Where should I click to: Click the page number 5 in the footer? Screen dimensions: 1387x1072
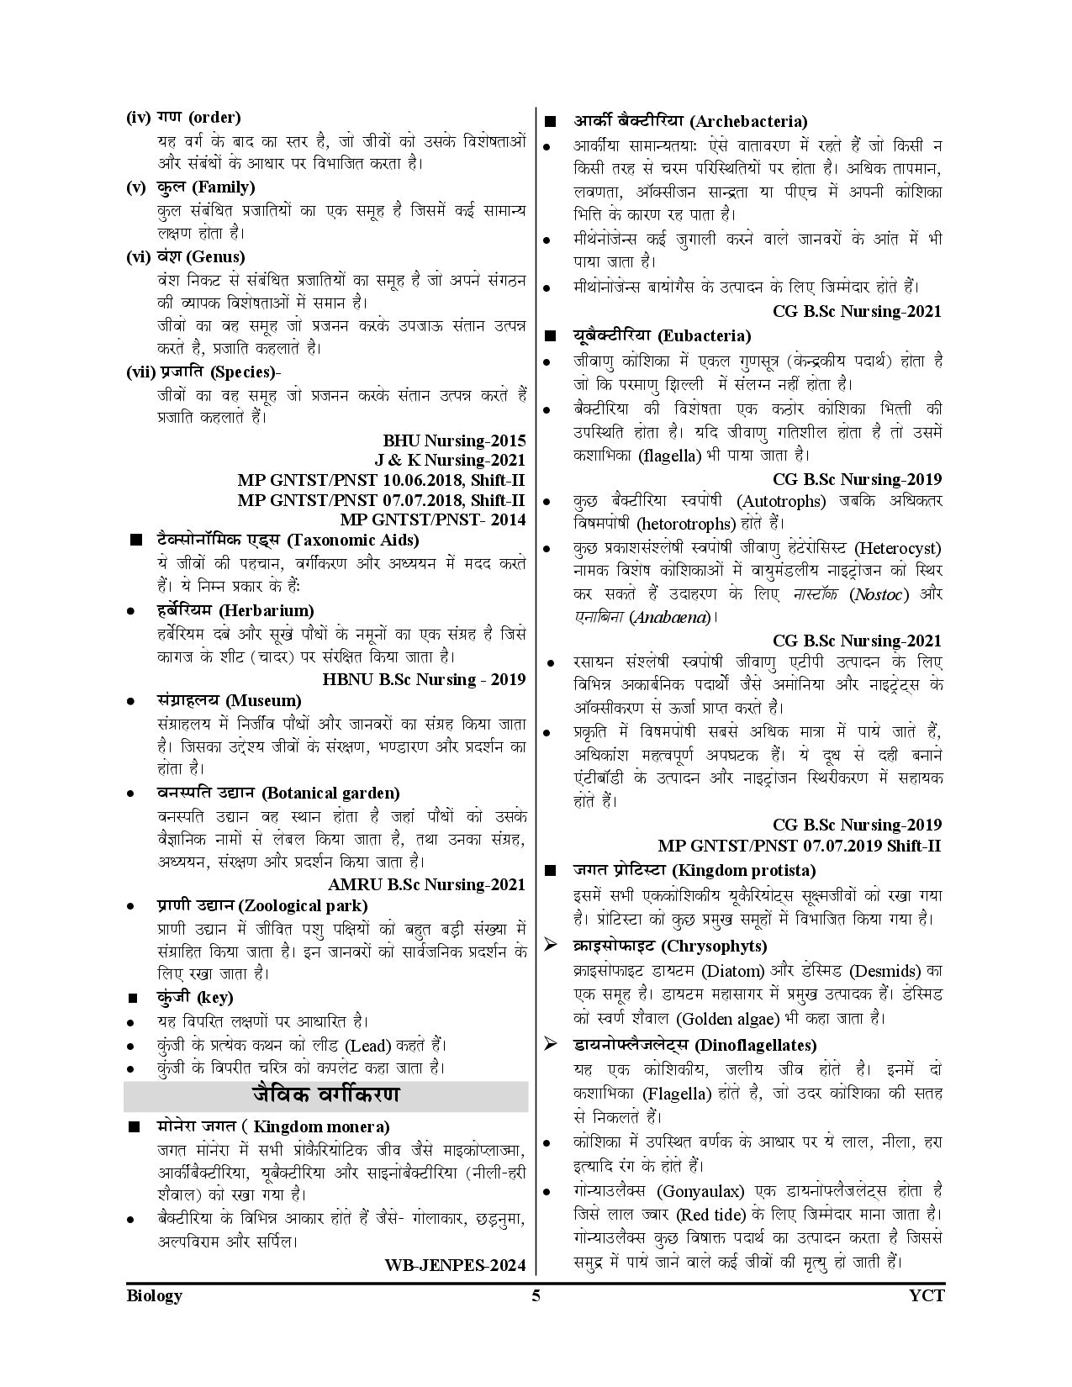click(536, 1295)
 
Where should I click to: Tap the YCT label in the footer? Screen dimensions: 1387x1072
click(927, 1295)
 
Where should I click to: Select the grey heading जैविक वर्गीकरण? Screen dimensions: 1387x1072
click(325, 1095)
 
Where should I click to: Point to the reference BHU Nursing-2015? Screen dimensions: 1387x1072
click(454, 440)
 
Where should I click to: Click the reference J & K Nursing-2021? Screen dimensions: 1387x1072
click(450, 460)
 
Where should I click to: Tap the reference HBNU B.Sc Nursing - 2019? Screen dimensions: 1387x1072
click(424, 678)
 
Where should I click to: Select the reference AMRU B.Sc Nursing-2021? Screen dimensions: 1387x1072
click(427, 884)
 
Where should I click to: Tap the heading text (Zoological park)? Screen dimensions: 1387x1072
click(303, 905)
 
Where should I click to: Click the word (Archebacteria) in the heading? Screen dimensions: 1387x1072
click(741, 121)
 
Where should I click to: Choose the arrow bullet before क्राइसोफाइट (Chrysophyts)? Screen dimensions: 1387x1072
click(551, 945)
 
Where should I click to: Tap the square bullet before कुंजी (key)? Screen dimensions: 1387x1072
click(132, 999)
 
